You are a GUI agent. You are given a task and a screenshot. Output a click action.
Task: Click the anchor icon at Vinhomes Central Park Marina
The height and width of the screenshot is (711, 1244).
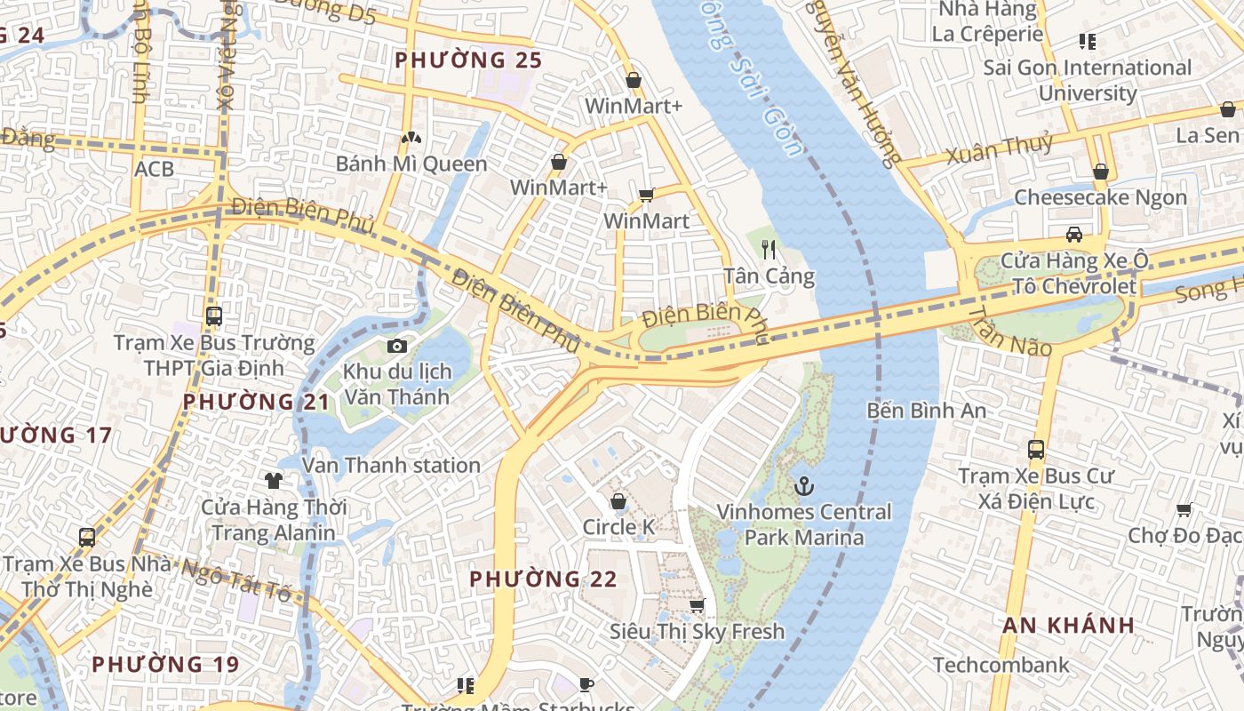tap(803, 486)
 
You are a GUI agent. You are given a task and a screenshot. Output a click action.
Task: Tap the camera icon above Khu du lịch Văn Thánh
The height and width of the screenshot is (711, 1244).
tap(396, 346)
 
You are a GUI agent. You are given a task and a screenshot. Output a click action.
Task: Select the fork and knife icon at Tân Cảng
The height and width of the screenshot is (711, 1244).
tap(769, 250)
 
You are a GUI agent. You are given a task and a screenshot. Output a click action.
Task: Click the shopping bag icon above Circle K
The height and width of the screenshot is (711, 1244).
tap(618, 501)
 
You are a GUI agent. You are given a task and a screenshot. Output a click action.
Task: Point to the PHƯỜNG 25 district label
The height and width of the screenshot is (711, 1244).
tap(467, 60)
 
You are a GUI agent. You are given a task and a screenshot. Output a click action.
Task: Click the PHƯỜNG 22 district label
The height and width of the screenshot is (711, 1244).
tap(543, 579)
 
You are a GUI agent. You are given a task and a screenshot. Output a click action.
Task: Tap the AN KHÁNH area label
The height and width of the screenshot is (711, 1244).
tap(1068, 625)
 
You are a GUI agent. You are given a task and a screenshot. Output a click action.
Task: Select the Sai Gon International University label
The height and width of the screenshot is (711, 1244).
tap(1087, 80)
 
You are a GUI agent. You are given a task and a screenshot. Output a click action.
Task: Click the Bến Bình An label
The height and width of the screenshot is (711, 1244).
tap(927, 411)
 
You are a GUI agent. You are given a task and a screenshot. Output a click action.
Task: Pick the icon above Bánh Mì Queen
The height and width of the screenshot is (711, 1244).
tap(411, 138)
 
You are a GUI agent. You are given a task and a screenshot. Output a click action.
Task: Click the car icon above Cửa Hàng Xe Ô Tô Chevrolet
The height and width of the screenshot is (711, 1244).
tap(1073, 235)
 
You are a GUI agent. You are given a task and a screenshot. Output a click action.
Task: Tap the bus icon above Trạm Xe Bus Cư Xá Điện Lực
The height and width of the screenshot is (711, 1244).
tap(1035, 450)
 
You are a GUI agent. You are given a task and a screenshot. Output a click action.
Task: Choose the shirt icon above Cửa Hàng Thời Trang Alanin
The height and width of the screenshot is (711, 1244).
tap(273, 481)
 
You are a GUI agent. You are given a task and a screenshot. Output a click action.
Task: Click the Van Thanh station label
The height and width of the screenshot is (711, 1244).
tap(391, 465)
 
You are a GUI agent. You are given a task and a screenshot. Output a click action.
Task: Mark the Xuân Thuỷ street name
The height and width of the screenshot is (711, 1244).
tap(1000, 148)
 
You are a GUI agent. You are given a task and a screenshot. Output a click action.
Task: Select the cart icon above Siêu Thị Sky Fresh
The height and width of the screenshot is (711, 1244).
tap(697, 605)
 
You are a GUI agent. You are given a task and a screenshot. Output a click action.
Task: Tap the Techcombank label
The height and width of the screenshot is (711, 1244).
tap(1001, 665)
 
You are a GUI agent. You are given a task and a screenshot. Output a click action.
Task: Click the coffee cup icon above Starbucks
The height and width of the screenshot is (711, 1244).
tap(586, 683)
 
